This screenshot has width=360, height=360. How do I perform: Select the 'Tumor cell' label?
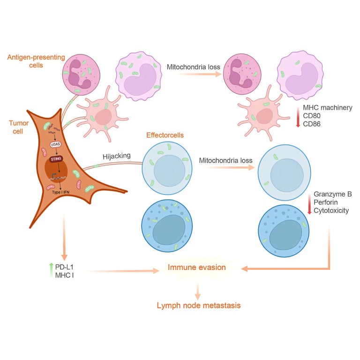click(x=19, y=127)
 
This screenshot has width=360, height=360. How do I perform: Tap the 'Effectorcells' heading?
click(x=165, y=135)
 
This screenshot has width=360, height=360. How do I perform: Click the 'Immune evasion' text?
click(x=197, y=267)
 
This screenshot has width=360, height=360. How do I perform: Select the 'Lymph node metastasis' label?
click(x=199, y=305)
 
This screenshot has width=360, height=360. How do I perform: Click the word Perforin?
click(x=327, y=202)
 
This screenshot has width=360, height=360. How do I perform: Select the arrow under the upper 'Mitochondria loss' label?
click(x=194, y=74)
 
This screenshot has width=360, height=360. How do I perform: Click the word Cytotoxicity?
click(x=332, y=211)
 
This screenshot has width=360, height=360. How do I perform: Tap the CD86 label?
click(x=315, y=125)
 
